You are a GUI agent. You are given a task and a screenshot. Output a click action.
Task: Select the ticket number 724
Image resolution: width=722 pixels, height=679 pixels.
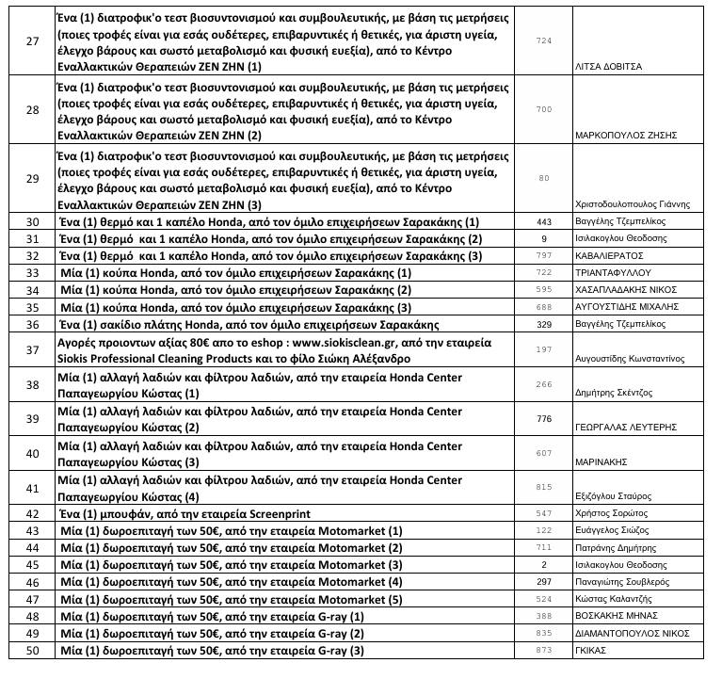pyautogui.click(x=543, y=42)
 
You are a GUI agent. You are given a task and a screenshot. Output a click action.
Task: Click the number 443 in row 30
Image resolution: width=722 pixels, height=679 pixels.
pyautogui.click(x=543, y=221)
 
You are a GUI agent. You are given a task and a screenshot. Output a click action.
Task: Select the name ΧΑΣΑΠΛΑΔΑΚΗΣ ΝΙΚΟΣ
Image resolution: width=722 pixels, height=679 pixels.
pyautogui.click(x=626, y=289)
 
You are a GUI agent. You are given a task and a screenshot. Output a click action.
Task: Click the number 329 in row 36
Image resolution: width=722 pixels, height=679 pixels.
pyautogui.click(x=543, y=323)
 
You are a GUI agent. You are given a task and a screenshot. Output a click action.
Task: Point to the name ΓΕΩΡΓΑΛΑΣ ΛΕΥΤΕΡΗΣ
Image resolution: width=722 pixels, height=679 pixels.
pyautogui.click(x=625, y=427)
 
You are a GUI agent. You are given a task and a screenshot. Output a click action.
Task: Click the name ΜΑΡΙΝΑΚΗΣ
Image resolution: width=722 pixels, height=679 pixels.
pyautogui.click(x=602, y=463)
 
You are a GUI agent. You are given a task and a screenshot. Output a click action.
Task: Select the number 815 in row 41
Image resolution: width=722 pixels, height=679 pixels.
pyautogui.click(x=543, y=487)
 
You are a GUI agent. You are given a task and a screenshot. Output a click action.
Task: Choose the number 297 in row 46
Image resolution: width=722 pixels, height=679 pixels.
pyautogui.click(x=543, y=582)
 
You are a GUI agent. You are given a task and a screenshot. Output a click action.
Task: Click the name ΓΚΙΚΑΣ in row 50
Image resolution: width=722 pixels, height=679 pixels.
pyautogui.click(x=592, y=651)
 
